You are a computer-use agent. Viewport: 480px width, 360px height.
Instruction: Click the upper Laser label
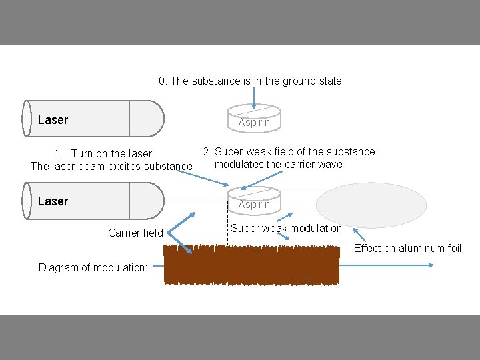(53, 120)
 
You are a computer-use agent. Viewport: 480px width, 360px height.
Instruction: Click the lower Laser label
(53, 201)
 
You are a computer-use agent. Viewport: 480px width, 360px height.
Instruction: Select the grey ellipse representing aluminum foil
(371, 205)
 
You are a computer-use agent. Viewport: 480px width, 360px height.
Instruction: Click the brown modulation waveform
(252, 265)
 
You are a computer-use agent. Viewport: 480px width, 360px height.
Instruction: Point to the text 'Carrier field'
(135, 233)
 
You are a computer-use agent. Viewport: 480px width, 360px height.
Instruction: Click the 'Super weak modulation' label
(286, 228)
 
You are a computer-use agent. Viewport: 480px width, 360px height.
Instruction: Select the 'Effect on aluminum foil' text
(407, 248)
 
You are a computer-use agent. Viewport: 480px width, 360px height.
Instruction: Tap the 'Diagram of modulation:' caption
(93, 268)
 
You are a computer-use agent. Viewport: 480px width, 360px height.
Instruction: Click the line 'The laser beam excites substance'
(111, 166)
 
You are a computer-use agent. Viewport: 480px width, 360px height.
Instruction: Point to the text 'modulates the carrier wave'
(279, 164)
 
